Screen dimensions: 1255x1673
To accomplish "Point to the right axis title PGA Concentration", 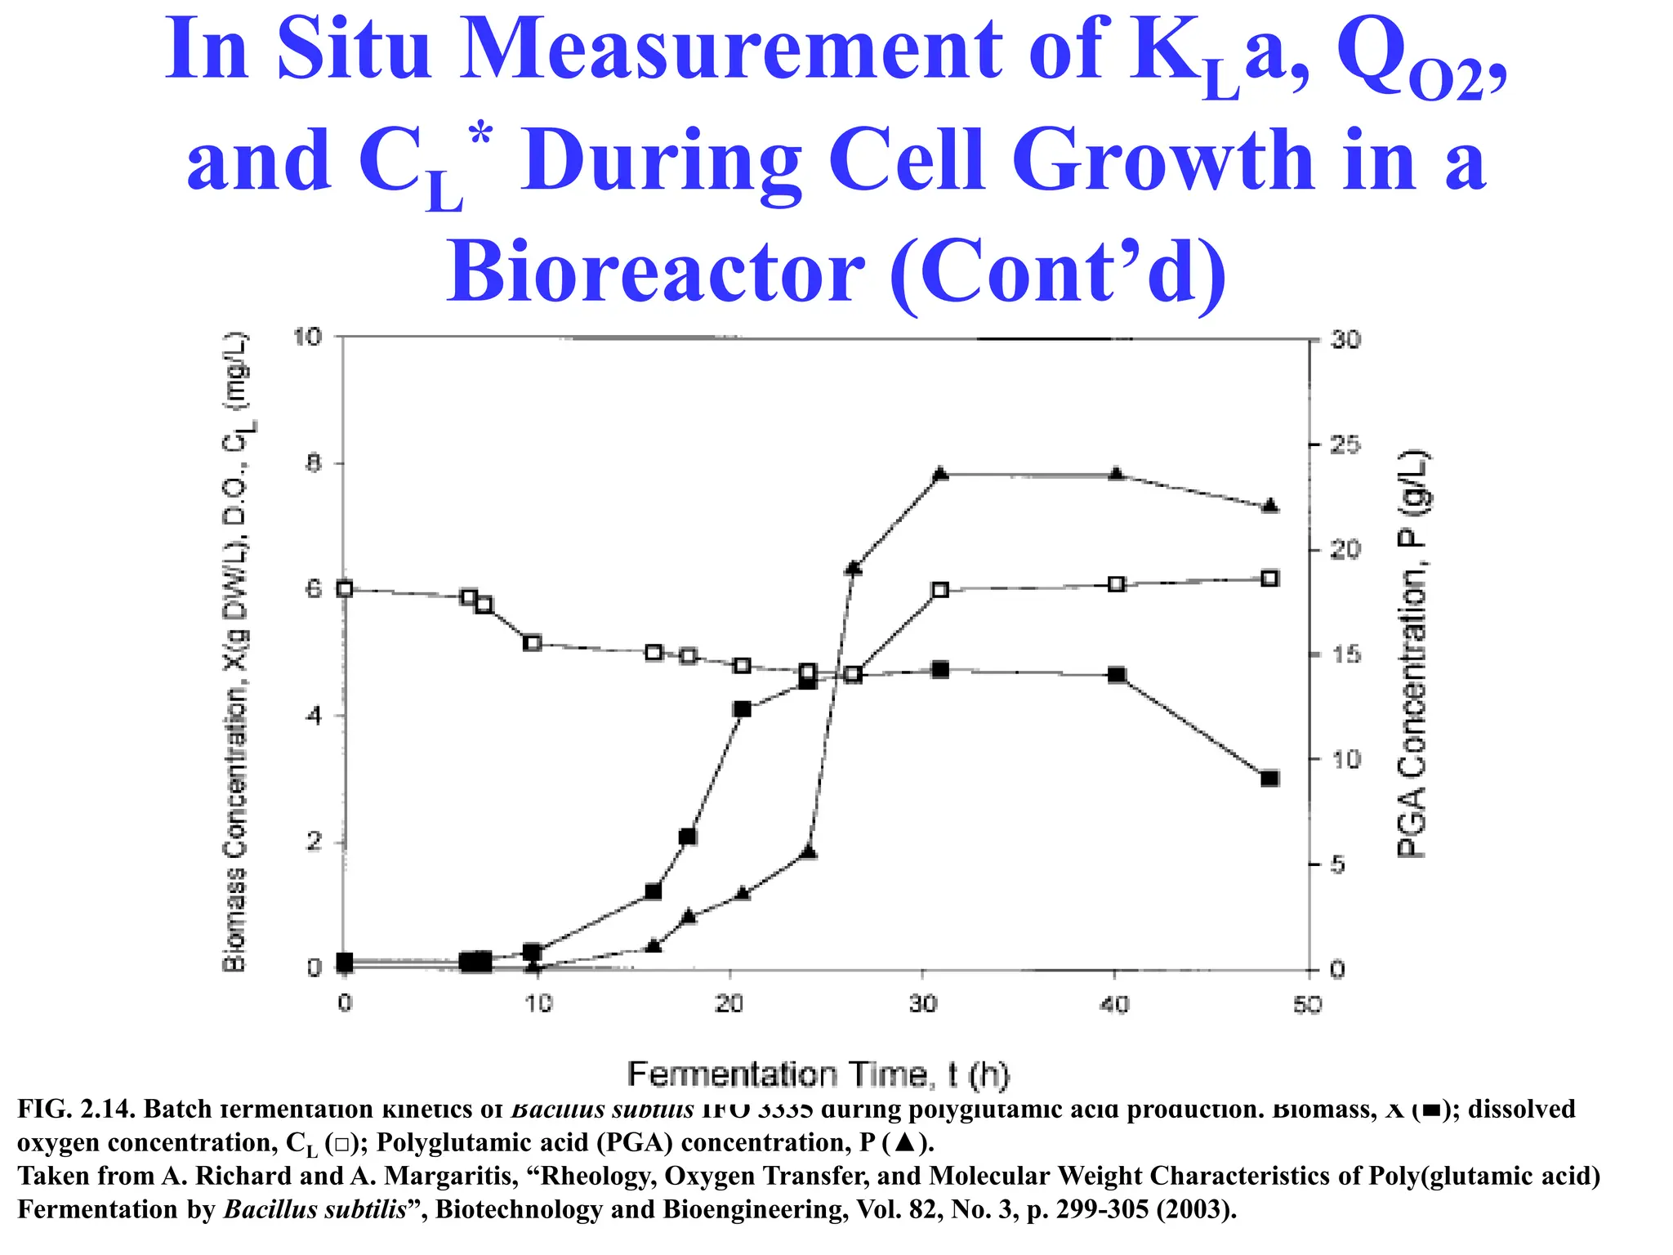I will tap(1412, 654).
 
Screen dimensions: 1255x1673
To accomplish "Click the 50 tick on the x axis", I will tap(1307, 1004).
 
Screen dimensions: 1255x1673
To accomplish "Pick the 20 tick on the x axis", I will tap(729, 1004).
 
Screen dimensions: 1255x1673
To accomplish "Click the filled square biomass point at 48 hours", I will tap(1269, 778).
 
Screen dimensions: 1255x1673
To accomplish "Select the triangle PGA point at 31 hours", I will tap(940, 474).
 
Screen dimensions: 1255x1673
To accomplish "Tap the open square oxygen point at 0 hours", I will tap(345, 589).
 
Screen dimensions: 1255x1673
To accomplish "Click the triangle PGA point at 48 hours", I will tap(1269, 506).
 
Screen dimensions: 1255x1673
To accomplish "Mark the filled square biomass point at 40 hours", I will tap(1116, 675).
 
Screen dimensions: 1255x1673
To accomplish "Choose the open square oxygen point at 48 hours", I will tap(1269, 578).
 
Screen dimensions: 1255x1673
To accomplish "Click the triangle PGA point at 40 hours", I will tap(1116, 474).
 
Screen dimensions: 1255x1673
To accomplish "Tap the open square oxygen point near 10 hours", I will tap(532, 643).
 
